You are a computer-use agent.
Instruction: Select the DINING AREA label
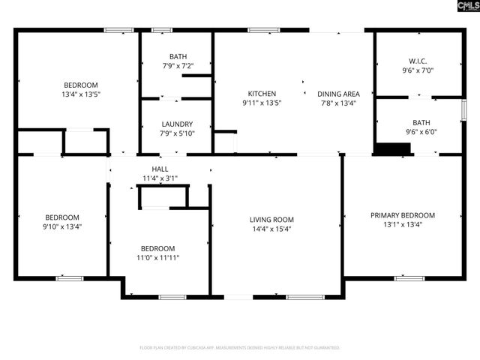pos(338,94)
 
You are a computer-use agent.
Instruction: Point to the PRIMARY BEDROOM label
pos(402,215)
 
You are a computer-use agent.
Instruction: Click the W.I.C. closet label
pos(418,61)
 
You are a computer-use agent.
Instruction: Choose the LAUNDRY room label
pos(178,124)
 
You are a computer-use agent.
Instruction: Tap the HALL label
pos(160,169)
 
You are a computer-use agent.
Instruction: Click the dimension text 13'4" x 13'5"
pos(81,94)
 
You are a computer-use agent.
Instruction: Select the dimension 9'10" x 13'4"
pos(63,226)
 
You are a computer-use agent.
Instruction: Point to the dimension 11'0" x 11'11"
pos(158,258)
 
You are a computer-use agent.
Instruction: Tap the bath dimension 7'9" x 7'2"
pos(178,66)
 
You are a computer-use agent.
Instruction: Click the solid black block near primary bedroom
pos(392,150)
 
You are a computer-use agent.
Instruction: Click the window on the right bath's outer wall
pos(463,109)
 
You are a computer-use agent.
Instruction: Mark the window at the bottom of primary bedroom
pos(409,278)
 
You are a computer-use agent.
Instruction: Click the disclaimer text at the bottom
pos(240,348)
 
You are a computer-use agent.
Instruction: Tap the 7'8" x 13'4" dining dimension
pos(338,103)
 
